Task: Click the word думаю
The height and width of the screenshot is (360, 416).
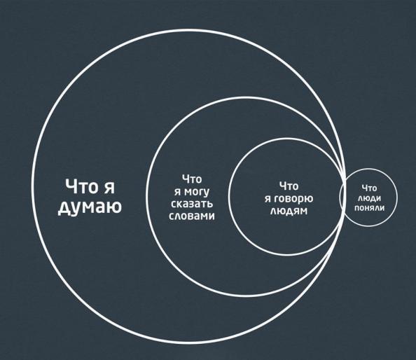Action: [90, 207]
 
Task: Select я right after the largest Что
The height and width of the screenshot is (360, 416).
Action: [109, 188]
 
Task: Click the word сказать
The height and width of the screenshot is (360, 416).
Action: [192, 204]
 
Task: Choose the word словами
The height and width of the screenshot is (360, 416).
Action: [192, 216]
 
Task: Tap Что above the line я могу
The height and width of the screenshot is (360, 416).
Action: [192, 179]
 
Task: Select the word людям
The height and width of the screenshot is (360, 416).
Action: [289, 211]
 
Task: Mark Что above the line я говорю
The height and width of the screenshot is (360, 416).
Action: [289, 186]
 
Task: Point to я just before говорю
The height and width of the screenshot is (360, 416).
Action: [268, 199]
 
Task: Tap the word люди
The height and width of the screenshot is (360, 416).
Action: [369, 198]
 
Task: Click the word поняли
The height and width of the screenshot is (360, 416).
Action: [369, 208]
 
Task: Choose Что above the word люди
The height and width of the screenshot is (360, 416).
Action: [370, 188]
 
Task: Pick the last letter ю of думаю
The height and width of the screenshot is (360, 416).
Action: [115, 207]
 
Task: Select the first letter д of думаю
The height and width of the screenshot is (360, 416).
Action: [64, 209]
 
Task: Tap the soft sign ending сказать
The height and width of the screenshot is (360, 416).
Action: [209, 204]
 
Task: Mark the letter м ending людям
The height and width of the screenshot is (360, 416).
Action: [303, 212]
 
